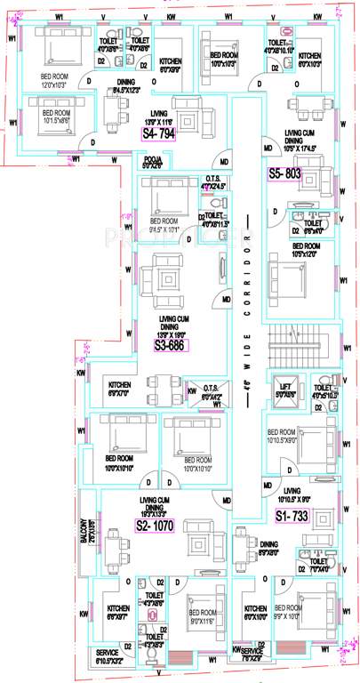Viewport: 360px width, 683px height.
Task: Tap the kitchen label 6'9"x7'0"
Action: [x=119, y=388]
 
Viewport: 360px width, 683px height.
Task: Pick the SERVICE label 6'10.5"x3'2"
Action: [x=109, y=656]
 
